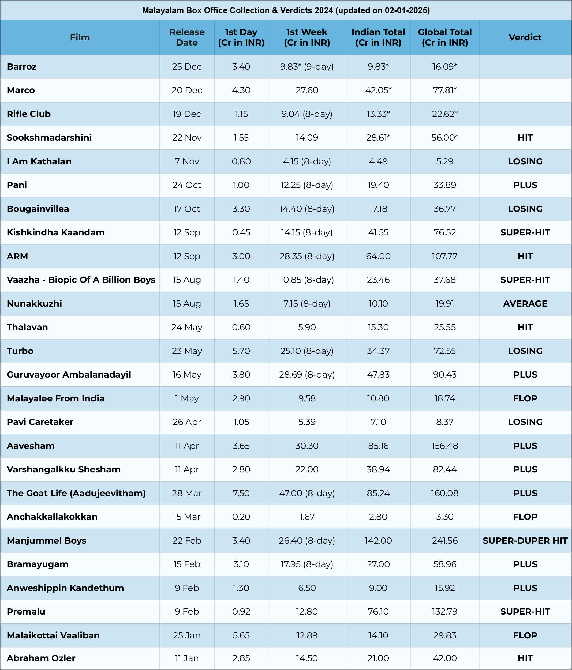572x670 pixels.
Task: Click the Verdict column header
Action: (x=525, y=37)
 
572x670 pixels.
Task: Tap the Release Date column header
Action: (x=187, y=37)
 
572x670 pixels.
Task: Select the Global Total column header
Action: (x=444, y=37)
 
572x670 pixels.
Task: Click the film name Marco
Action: (x=21, y=90)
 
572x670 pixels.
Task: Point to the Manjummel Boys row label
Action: (x=47, y=540)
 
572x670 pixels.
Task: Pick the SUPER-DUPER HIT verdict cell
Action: (x=525, y=540)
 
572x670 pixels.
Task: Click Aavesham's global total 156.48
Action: (x=444, y=446)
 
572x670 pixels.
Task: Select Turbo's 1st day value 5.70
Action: (x=241, y=351)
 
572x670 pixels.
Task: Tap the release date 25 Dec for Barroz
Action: (x=187, y=67)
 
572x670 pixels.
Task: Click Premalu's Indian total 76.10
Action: (x=378, y=611)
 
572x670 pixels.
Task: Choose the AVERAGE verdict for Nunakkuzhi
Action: (x=525, y=304)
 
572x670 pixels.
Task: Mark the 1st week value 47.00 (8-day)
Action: (x=307, y=493)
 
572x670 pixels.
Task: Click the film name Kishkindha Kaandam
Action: (x=56, y=232)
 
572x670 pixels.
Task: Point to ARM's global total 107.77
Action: (x=444, y=256)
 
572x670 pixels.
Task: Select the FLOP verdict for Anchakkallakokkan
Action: (x=525, y=517)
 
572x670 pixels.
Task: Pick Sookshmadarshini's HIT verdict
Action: (x=525, y=138)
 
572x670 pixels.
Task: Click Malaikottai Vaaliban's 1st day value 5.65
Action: (x=241, y=635)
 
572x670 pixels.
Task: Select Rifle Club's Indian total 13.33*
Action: (x=378, y=114)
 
